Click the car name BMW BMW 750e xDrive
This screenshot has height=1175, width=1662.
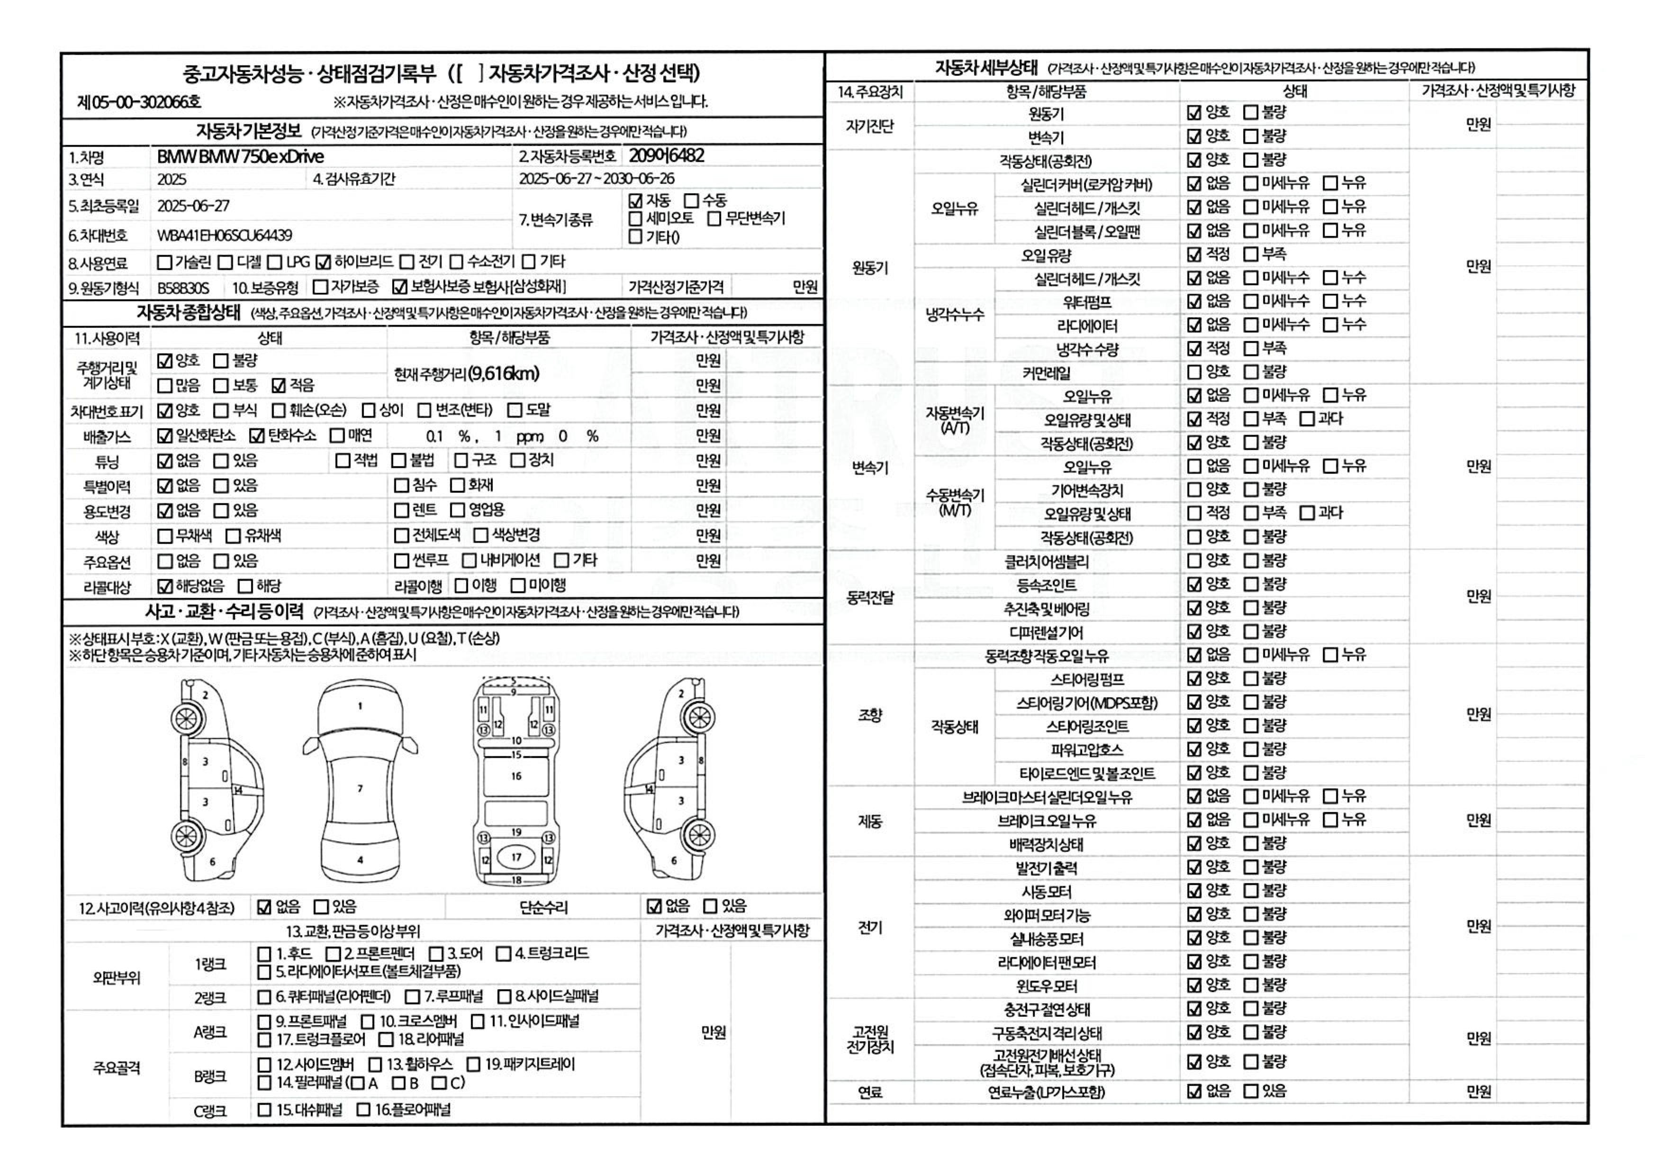pyautogui.click(x=240, y=156)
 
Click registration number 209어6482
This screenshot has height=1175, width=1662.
pyautogui.click(x=666, y=155)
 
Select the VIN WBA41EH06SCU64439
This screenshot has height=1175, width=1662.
pyautogui.click(x=225, y=235)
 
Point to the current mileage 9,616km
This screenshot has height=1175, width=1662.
pyautogui.click(x=467, y=373)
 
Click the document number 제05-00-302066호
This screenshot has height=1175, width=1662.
pyautogui.click(x=139, y=102)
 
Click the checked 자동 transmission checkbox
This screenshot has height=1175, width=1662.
pyautogui.click(x=635, y=200)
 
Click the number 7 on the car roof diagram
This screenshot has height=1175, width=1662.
pyautogui.click(x=360, y=788)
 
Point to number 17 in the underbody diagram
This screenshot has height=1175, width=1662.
pyautogui.click(x=516, y=857)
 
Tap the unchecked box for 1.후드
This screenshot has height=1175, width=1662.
pyautogui.click(x=265, y=954)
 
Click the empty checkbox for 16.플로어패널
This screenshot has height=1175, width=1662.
pyautogui.click(x=363, y=1110)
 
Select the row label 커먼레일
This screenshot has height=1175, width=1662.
pyautogui.click(x=1046, y=373)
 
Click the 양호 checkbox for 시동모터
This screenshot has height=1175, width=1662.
pyautogui.click(x=1194, y=891)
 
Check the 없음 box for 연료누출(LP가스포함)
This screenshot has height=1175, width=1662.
pyautogui.click(x=1194, y=1091)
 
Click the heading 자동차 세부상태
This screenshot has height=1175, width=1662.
pyautogui.click(x=986, y=68)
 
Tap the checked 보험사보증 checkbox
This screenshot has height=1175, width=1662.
pyautogui.click(x=399, y=287)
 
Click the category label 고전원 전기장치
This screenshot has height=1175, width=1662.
pyautogui.click(x=870, y=1039)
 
